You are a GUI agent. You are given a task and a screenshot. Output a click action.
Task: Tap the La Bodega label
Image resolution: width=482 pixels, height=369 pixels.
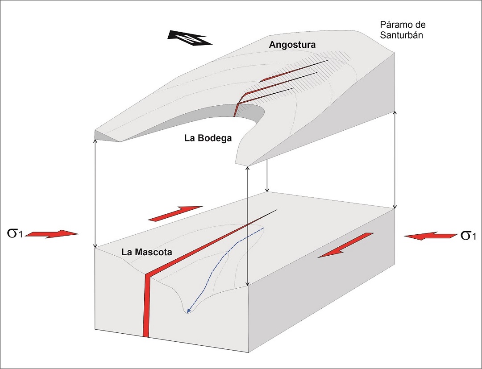(208, 138)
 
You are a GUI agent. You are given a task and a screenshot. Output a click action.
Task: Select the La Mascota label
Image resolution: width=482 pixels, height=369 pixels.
(147, 252)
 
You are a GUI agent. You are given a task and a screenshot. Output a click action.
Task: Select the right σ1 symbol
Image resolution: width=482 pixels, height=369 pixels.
(470, 235)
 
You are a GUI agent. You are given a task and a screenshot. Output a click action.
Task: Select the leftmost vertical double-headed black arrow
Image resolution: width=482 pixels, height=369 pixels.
(95, 193)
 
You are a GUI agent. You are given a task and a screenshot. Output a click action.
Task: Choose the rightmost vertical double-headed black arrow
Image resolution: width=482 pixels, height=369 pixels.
(395, 161)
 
